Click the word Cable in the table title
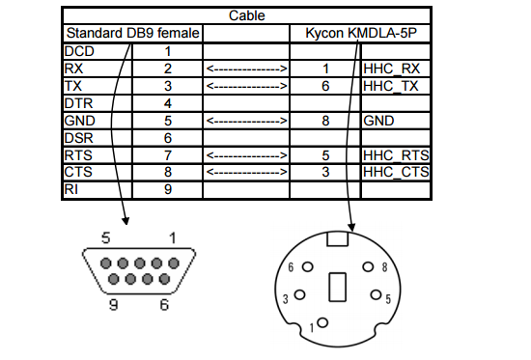(246, 16)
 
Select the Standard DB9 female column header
(131, 34)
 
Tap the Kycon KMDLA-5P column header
(359, 34)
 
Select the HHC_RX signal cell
(395, 69)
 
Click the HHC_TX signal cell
(395, 86)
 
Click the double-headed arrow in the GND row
(246, 121)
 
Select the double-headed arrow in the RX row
(246, 69)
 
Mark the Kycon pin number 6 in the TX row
(325, 86)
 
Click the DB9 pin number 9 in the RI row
(167, 190)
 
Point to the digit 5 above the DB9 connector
(108, 237)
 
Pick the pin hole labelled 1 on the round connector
(323, 322)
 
